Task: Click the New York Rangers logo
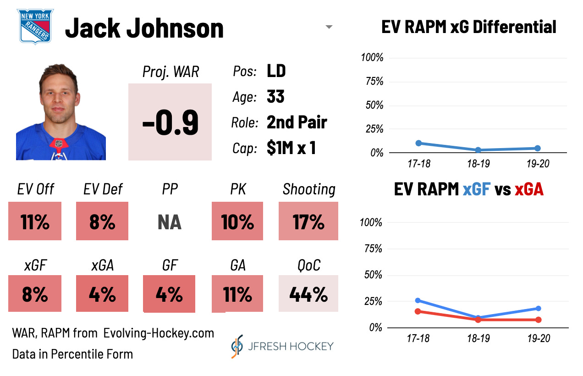click(x=35, y=26)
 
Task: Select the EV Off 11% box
click(x=35, y=222)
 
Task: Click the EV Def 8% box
click(x=102, y=222)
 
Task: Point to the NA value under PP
click(x=170, y=222)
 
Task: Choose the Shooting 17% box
click(x=308, y=222)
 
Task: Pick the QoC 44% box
click(x=308, y=294)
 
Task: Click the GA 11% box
click(x=237, y=294)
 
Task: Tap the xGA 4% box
click(x=102, y=294)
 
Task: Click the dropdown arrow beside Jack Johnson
click(x=329, y=27)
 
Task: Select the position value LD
click(x=276, y=71)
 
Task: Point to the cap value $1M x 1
click(x=291, y=148)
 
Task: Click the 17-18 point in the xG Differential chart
click(x=418, y=143)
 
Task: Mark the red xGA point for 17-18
click(x=418, y=311)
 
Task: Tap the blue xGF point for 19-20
click(x=538, y=309)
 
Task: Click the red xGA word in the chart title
click(x=528, y=189)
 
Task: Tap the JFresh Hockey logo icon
click(x=236, y=346)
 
